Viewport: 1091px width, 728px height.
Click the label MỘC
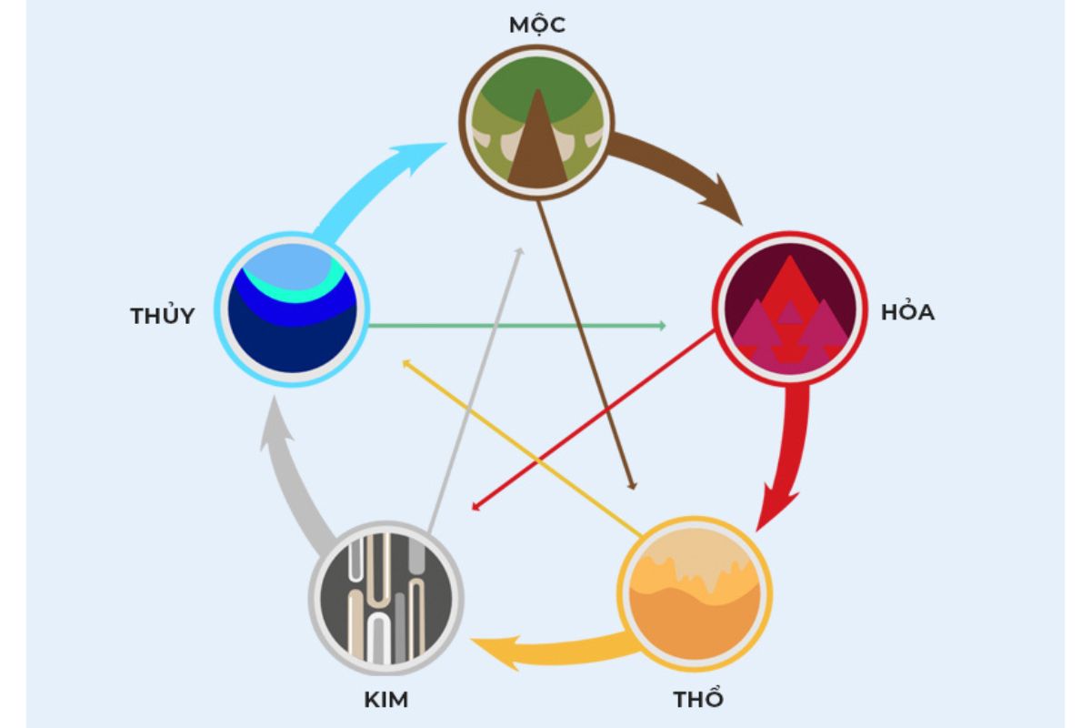click(x=536, y=25)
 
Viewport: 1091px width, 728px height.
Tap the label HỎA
click(x=908, y=312)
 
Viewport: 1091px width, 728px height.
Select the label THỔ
click(x=698, y=699)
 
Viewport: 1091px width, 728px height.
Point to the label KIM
click(x=386, y=700)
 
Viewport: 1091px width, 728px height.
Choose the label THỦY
click(x=162, y=316)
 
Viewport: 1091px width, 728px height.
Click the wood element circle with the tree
click(x=536, y=122)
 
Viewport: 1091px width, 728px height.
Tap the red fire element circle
click(x=789, y=308)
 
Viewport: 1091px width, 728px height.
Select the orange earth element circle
click(x=695, y=594)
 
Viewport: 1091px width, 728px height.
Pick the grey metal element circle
click(x=386, y=598)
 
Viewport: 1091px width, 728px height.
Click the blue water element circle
click(x=292, y=309)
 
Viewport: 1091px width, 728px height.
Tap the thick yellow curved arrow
click(x=556, y=651)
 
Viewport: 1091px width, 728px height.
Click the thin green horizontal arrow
click(x=517, y=325)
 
